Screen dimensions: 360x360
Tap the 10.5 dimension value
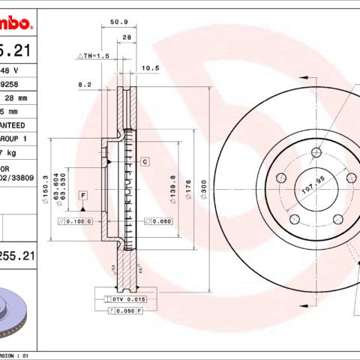(151, 67)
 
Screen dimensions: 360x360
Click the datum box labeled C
(144, 161)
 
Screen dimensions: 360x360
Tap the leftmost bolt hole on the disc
(282, 178)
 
